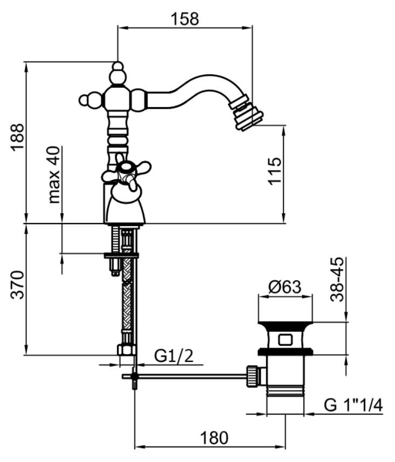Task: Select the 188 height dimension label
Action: pos(18,137)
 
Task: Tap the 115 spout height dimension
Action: pos(275,171)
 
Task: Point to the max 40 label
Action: pos(53,175)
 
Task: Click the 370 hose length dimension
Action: pos(18,285)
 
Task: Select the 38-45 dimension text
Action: pos(337,279)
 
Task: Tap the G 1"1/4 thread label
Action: pos(354,405)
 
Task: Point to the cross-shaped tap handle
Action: pos(127,174)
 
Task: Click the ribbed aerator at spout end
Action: pos(250,111)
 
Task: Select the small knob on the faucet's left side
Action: pos(85,100)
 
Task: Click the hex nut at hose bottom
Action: pos(126,349)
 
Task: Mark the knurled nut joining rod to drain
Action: pos(252,375)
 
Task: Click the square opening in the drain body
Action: pos(285,340)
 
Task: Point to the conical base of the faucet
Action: pos(125,207)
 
